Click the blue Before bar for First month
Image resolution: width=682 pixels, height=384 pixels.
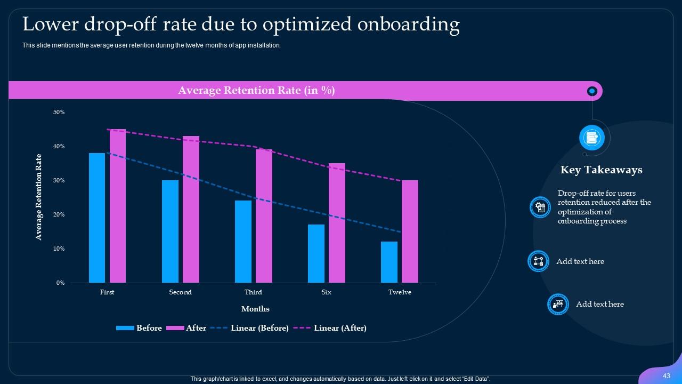coord(97,218)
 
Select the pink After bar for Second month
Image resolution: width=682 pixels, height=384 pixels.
coord(191,209)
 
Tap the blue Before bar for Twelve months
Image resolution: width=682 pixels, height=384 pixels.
coord(389,262)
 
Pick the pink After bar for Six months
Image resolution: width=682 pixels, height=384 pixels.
coord(337,223)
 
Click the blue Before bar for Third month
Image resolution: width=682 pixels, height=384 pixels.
coord(243,241)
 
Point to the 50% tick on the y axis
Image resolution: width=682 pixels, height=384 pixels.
coord(59,112)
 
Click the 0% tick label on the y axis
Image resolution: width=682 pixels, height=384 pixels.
coord(60,283)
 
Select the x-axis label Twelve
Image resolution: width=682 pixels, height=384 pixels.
coord(400,292)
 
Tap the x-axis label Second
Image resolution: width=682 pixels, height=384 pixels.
coord(180,292)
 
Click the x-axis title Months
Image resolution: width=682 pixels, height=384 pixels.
coord(255,309)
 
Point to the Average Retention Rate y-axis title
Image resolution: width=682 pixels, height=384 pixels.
coord(39,197)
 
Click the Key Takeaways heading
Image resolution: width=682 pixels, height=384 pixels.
coord(601,170)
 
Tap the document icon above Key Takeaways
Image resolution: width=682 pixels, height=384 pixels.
coord(591,138)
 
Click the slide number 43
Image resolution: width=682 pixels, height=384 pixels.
coord(666,376)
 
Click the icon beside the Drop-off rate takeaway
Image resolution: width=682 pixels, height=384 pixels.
coord(540,207)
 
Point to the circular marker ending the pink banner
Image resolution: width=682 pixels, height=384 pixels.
coord(591,91)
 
